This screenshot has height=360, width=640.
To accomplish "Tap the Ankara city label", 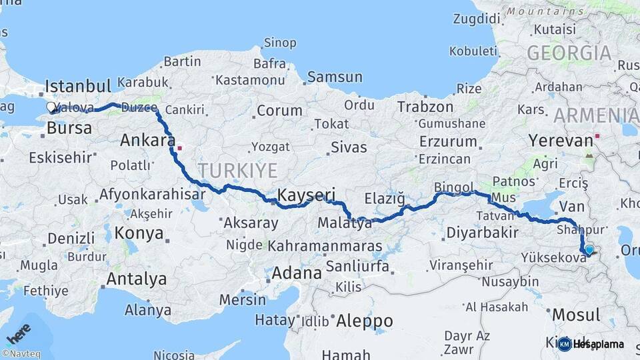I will pos(147,141).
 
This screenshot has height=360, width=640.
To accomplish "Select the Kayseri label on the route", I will pos(305,195).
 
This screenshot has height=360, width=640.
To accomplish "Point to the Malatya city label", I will pos(345,223).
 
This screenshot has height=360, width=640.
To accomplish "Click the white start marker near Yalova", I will pos(51,107).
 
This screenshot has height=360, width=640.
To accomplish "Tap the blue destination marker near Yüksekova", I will pos(589,250).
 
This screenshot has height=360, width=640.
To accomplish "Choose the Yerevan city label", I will pos(561,141).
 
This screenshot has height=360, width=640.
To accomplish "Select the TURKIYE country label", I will pos(237,171).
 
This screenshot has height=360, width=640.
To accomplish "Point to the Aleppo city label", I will pos(363,321).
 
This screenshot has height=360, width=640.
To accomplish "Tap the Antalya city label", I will pos(136,278).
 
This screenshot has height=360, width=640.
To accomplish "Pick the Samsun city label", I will pos(335,77).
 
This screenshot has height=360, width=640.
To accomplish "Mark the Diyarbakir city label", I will pos(482,233).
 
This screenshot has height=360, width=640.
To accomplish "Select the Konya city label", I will pos(139,233).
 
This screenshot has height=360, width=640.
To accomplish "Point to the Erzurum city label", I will pos(448,141).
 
